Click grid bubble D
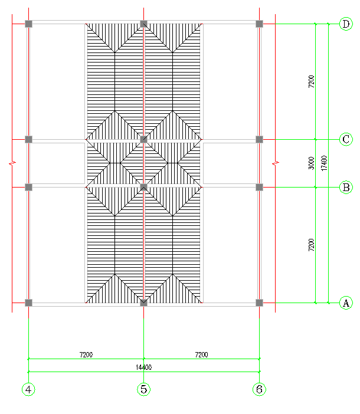346,24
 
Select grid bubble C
346,140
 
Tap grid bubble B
346,188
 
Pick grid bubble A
346,303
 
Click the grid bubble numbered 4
28,389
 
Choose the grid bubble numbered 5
144,389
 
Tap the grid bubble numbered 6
259,389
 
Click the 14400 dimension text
143,367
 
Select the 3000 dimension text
312,163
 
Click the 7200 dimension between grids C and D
312,82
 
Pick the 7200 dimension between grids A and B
312,245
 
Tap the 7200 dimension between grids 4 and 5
86,354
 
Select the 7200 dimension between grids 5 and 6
201,354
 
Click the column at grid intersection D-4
28,24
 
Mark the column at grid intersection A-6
259,303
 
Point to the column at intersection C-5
144,140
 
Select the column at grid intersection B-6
259,187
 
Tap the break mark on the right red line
276,163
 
